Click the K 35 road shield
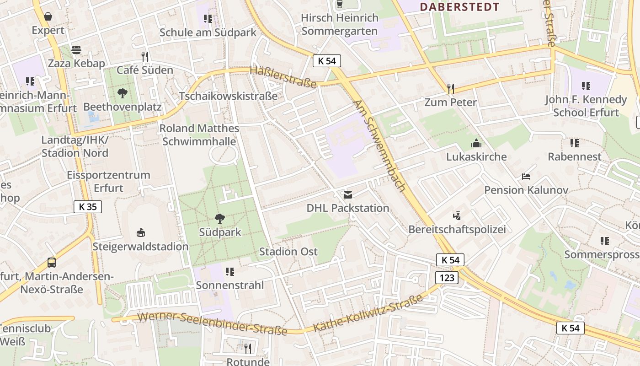(x=88, y=207)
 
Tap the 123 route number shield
(x=447, y=278)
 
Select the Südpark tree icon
(x=220, y=219)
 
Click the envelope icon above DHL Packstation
(x=348, y=195)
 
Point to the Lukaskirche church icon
(x=476, y=143)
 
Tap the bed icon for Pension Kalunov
(x=526, y=177)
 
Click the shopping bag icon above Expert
(x=48, y=17)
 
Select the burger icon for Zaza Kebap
(x=76, y=50)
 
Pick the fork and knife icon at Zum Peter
(x=450, y=88)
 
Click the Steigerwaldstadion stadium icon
(x=141, y=233)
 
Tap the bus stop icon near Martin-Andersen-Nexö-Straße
(x=52, y=263)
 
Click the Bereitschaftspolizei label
(x=457, y=229)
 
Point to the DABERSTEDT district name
(x=459, y=7)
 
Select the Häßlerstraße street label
(x=283, y=77)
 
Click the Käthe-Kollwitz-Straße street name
(x=368, y=313)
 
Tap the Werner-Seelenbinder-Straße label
(x=212, y=323)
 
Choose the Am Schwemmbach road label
(x=380, y=146)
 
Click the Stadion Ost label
(x=288, y=252)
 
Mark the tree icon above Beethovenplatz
(x=122, y=94)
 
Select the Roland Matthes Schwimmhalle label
(x=199, y=135)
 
